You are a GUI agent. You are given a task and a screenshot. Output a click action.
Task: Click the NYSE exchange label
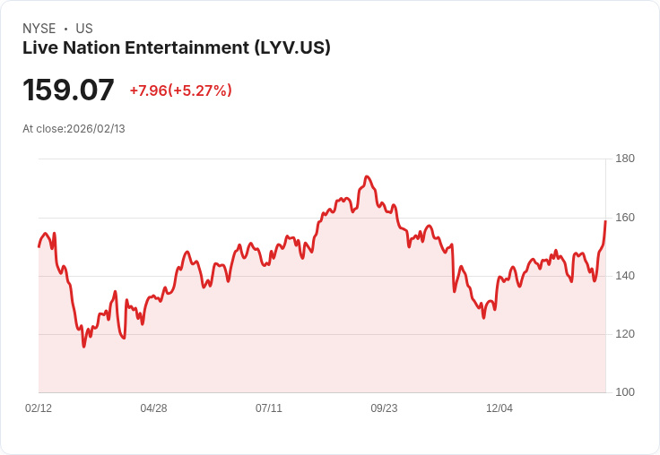[x=38, y=29]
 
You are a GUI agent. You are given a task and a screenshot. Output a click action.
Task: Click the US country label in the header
[x=84, y=29]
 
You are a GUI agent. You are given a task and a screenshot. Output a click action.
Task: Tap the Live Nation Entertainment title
[x=135, y=47]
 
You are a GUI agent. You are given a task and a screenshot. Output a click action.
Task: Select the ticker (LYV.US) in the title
[x=291, y=47]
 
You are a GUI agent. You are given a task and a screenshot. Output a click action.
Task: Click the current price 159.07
[x=68, y=90]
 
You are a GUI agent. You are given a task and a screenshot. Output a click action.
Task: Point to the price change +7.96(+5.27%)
[x=180, y=90]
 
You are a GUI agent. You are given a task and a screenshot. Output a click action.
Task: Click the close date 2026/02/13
[x=96, y=129]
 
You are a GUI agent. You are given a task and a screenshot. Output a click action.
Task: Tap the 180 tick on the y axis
[x=625, y=159]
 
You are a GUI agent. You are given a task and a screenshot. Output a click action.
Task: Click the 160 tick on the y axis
[x=625, y=218]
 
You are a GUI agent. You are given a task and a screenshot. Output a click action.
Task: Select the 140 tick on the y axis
[x=625, y=276]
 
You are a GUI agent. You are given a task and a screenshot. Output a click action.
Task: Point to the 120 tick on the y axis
[x=625, y=334]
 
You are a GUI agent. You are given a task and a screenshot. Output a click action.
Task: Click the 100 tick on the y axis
[x=625, y=392]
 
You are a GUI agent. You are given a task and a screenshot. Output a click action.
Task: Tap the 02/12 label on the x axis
[x=39, y=408]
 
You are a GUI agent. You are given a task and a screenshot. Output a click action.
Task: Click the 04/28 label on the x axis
[x=153, y=408]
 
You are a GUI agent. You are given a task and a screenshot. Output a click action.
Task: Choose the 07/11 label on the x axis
[x=269, y=408]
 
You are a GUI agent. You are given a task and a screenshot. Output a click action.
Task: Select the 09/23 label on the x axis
[x=384, y=408]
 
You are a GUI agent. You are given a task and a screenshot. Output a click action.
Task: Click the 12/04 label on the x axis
[x=499, y=408]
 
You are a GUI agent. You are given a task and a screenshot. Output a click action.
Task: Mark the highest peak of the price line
[x=367, y=176]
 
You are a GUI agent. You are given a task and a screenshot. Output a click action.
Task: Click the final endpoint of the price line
[x=605, y=220]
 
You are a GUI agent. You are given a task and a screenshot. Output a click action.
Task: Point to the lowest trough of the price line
[x=84, y=347]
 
